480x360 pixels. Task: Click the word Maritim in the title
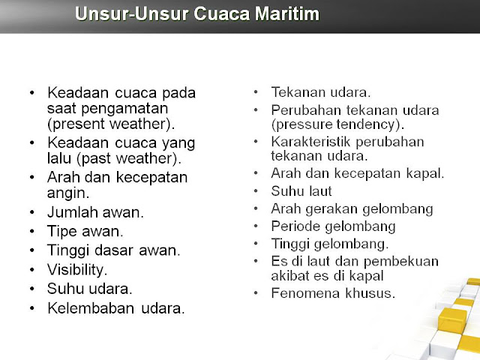[x=286, y=13]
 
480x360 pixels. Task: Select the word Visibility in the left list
[x=77, y=270]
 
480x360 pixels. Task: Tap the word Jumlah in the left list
[x=73, y=212]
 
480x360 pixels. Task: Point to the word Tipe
[x=62, y=232]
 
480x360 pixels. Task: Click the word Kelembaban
[x=91, y=308]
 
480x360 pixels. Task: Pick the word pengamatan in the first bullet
[x=124, y=109]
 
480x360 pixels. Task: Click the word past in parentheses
[x=94, y=159]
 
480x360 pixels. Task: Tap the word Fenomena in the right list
[x=305, y=293]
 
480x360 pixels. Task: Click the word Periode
[x=295, y=226]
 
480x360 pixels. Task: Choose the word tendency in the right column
[x=370, y=124]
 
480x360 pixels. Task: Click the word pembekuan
[x=401, y=262]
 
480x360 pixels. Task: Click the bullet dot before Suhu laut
[x=256, y=191]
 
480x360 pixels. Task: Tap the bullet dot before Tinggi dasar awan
[x=32, y=250]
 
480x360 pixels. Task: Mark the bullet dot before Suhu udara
[x=32, y=289]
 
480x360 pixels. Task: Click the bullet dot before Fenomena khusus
[x=256, y=293]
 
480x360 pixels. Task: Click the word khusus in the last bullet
[x=370, y=293]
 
